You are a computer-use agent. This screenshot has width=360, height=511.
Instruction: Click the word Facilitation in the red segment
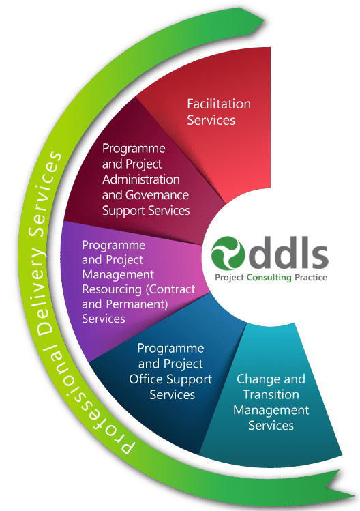(x=219, y=104)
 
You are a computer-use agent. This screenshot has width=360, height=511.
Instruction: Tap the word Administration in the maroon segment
(x=140, y=179)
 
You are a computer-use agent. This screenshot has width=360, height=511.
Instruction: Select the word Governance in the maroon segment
(x=157, y=195)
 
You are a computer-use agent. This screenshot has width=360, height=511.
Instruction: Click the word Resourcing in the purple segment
(x=112, y=290)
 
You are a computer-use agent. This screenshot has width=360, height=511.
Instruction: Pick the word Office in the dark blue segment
(x=146, y=379)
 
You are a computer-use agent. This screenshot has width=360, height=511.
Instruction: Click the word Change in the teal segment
(x=254, y=379)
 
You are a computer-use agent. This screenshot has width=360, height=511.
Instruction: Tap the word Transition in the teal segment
(x=271, y=394)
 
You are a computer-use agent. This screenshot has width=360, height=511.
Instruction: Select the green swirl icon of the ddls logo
(x=228, y=253)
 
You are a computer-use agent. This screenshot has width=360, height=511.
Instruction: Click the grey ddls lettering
(x=288, y=252)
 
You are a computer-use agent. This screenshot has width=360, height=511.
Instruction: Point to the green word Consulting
(x=269, y=278)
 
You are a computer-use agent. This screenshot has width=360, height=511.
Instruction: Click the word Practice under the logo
(x=311, y=278)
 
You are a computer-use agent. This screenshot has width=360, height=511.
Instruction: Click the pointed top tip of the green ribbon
(x=264, y=22)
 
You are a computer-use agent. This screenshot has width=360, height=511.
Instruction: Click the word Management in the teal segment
(x=271, y=410)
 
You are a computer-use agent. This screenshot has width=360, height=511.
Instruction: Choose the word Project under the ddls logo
(x=229, y=278)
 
